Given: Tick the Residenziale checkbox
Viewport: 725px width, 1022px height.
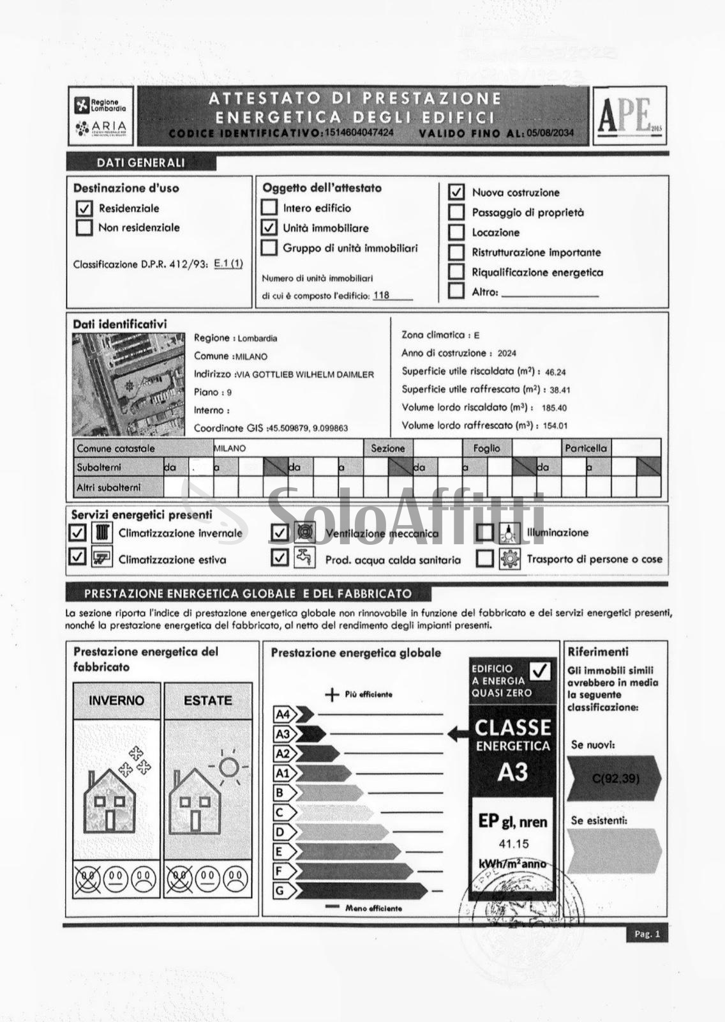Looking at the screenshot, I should (x=84, y=208).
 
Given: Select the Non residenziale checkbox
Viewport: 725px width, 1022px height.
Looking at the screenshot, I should (x=84, y=228).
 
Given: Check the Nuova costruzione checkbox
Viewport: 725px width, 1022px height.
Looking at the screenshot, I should (x=456, y=192).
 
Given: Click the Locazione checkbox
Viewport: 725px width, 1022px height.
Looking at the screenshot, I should (x=456, y=233).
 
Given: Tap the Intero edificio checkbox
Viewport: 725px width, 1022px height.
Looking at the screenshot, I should (x=269, y=208).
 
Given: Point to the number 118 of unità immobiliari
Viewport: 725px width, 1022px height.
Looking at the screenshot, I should (x=381, y=295).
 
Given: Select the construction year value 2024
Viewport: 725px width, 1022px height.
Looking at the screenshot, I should (x=507, y=353).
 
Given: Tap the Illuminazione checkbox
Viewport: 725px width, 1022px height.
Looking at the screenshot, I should (x=485, y=533).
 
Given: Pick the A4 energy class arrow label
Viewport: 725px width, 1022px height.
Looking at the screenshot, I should (x=283, y=714).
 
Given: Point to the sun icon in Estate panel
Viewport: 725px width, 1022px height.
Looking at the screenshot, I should (x=228, y=766).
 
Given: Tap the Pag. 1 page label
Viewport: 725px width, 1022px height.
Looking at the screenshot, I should (x=647, y=934).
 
